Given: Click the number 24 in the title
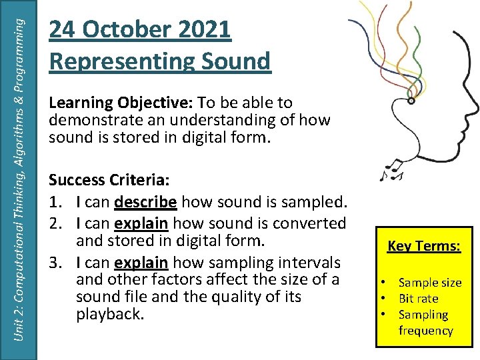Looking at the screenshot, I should [x=61, y=29].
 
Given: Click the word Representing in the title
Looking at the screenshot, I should [x=117, y=61].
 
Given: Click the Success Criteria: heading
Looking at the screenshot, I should [x=108, y=181].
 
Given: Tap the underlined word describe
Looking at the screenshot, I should [x=145, y=201].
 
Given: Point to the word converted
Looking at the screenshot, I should [x=313, y=223].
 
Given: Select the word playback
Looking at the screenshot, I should [x=109, y=313].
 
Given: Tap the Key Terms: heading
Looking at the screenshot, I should [x=423, y=246].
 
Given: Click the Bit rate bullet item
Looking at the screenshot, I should [x=418, y=299].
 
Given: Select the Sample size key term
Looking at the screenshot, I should [x=429, y=283].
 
